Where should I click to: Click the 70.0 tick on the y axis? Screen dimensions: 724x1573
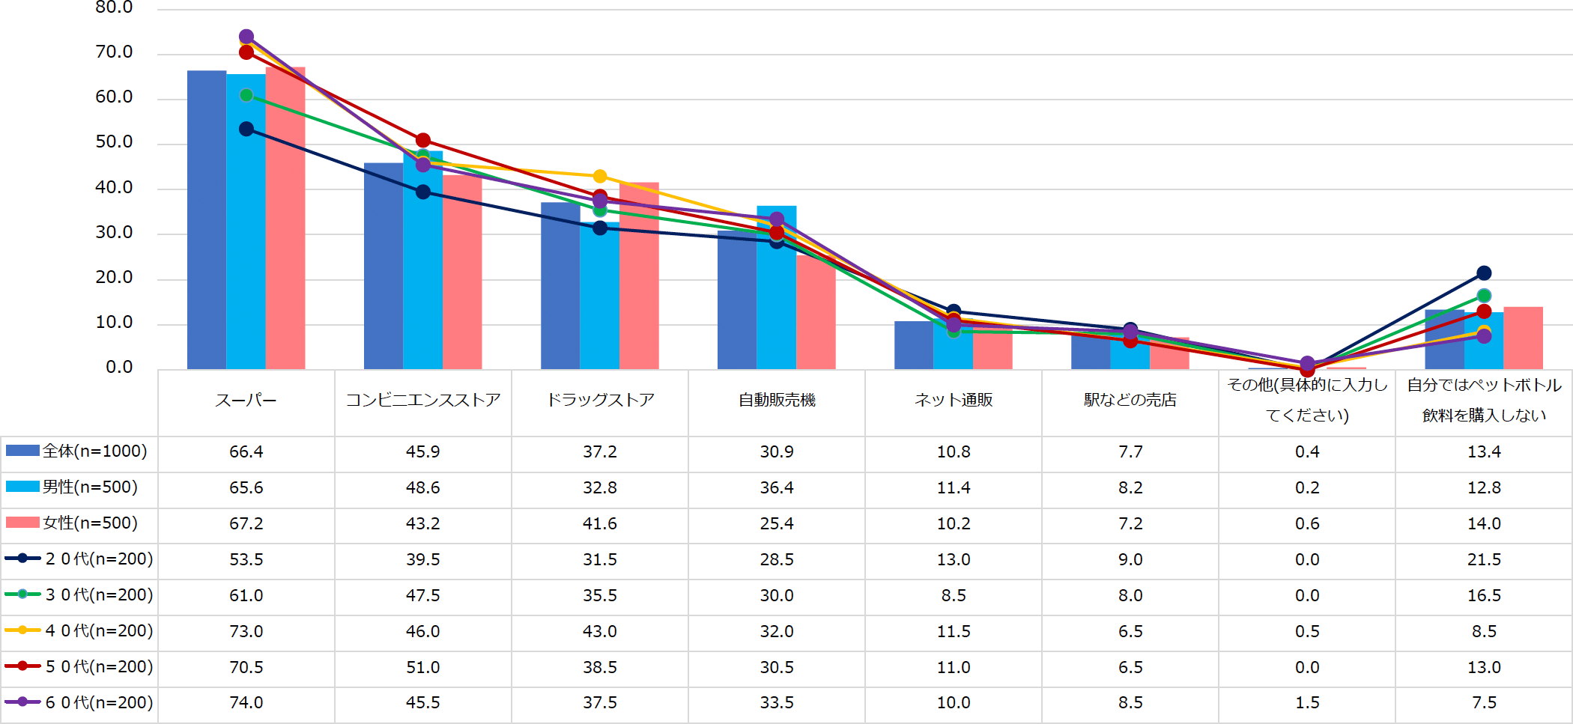pyautogui.click(x=114, y=52)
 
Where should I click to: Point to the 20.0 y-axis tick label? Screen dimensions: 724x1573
pyautogui.click(x=114, y=278)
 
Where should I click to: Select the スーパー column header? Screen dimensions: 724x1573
pyautogui.click(x=246, y=401)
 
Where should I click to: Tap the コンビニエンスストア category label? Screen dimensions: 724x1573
pyautogui.click(x=422, y=401)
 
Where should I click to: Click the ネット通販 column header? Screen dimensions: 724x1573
pyautogui.click(x=954, y=401)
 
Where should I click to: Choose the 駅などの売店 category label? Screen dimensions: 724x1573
pyautogui.click(x=1130, y=401)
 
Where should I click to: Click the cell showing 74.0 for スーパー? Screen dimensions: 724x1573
pyautogui.click(x=246, y=703)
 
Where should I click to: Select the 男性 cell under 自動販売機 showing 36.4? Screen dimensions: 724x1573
pyautogui.click(x=777, y=487)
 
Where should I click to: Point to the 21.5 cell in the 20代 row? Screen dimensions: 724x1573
pyautogui.click(x=1484, y=559)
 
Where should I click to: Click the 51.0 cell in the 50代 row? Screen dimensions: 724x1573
pyautogui.click(x=422, y=667)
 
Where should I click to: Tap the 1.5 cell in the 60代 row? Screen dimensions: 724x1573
pyautogui.click(x=1307, y=703)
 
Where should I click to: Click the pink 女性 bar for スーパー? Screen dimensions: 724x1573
pyautogui.click(x=285, y=217)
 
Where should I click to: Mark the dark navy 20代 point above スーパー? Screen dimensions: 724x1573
pyautogui.click(x=246, y=129)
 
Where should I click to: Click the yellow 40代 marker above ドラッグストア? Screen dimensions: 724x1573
pyautogui.click(x=600, y=176)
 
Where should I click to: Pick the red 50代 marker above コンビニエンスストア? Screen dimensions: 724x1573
pyautogui.click(x=423, y=140)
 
